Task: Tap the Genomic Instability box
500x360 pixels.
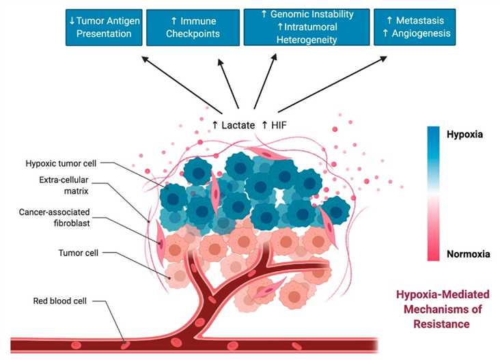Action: [307, 27]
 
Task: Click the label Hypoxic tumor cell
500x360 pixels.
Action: [67, 165]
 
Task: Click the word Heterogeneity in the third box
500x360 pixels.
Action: [306, 40]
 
